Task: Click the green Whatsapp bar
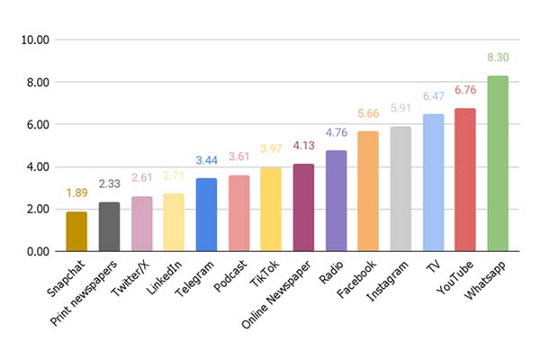(498, 164)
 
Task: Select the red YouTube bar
(465, 180)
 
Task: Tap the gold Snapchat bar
(76, 231)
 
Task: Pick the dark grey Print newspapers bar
(109, 227)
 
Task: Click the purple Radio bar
(336, 201)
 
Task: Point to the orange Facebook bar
(368, 191)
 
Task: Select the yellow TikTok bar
(271, 209)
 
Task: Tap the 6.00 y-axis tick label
(37, 125)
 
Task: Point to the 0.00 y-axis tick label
(37, 251)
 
